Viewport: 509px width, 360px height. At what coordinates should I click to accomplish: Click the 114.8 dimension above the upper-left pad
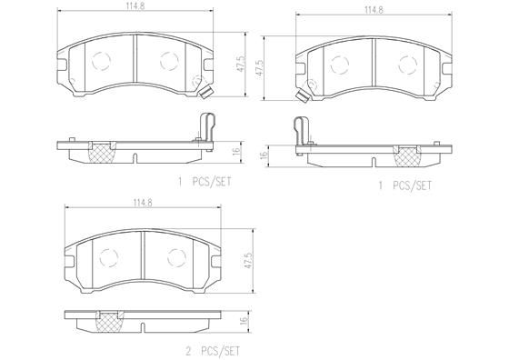(x=135, y=8)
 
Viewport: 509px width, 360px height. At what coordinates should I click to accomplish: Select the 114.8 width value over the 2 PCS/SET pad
(x=141, y=202)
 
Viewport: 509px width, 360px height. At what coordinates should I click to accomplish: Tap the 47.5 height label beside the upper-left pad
(x=239, y=66)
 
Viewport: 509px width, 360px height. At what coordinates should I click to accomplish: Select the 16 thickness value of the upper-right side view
(x=264, y=155)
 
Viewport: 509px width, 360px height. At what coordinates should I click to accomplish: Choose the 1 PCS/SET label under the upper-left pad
(x=205, y=182)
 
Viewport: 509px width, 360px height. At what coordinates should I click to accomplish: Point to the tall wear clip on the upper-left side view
(x=207, y=125)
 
